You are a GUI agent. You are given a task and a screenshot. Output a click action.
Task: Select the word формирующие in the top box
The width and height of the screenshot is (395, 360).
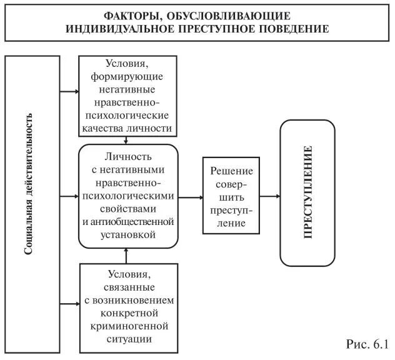(127, 76)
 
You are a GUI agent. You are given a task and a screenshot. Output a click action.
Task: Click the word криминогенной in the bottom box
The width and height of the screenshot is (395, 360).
(128, 326)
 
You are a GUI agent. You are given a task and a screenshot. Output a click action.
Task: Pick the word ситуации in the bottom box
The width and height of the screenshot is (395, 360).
(128, 339)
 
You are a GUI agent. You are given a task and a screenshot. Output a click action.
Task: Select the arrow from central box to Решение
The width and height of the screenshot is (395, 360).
(191, 196)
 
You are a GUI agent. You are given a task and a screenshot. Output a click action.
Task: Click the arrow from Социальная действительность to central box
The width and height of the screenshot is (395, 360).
(69, 197)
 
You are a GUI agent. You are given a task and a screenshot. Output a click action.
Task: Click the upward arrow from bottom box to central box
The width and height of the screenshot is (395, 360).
(127, 256)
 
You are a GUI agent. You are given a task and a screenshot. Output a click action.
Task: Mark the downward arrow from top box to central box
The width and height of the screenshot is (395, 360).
(127, 139)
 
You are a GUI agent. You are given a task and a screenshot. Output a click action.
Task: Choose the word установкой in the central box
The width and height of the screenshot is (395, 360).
(127, 234)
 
